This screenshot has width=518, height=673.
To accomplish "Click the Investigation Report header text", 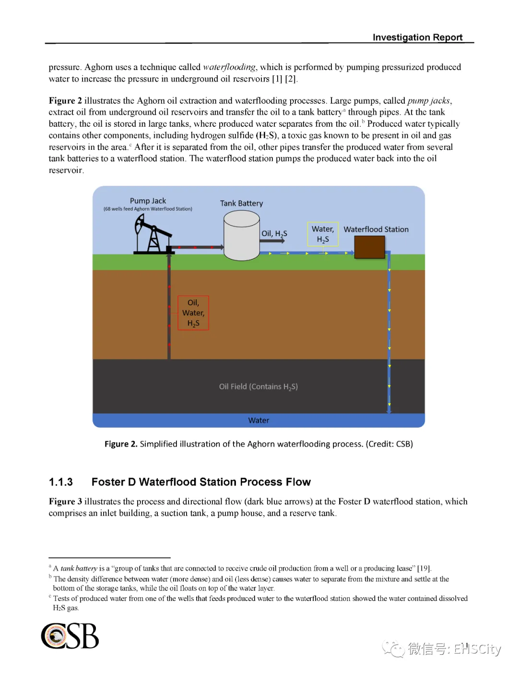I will point(417,37).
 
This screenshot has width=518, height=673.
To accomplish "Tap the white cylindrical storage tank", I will point(242,236).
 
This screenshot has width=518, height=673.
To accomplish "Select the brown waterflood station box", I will point(369,247).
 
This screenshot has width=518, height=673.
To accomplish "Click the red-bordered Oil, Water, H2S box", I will point(193,312).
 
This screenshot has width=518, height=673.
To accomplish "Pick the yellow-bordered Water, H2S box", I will point(323,234).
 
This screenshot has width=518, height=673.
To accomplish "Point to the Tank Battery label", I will point(241,204).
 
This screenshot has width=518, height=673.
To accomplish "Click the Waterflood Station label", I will point(376,229).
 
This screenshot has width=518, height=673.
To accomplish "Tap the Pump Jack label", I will point(148,201).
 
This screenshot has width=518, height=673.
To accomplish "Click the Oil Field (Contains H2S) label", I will point(259,386).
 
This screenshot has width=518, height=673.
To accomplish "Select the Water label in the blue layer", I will point(259,421).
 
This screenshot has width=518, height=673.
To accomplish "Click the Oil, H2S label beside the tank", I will point(274,234).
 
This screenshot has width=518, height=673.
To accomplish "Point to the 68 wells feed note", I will point(148,209).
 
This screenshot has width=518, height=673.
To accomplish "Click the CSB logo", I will point(70,636).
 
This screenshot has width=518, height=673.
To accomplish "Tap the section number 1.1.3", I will point(61,482).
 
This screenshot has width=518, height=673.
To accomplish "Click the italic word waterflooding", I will point(229,67).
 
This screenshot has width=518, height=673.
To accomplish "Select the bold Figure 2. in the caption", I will point(121,444).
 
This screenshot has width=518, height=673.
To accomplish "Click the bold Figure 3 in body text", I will point(65,502).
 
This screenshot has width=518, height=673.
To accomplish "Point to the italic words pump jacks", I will point(429,101).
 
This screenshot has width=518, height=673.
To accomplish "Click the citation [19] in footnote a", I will point(424,568).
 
